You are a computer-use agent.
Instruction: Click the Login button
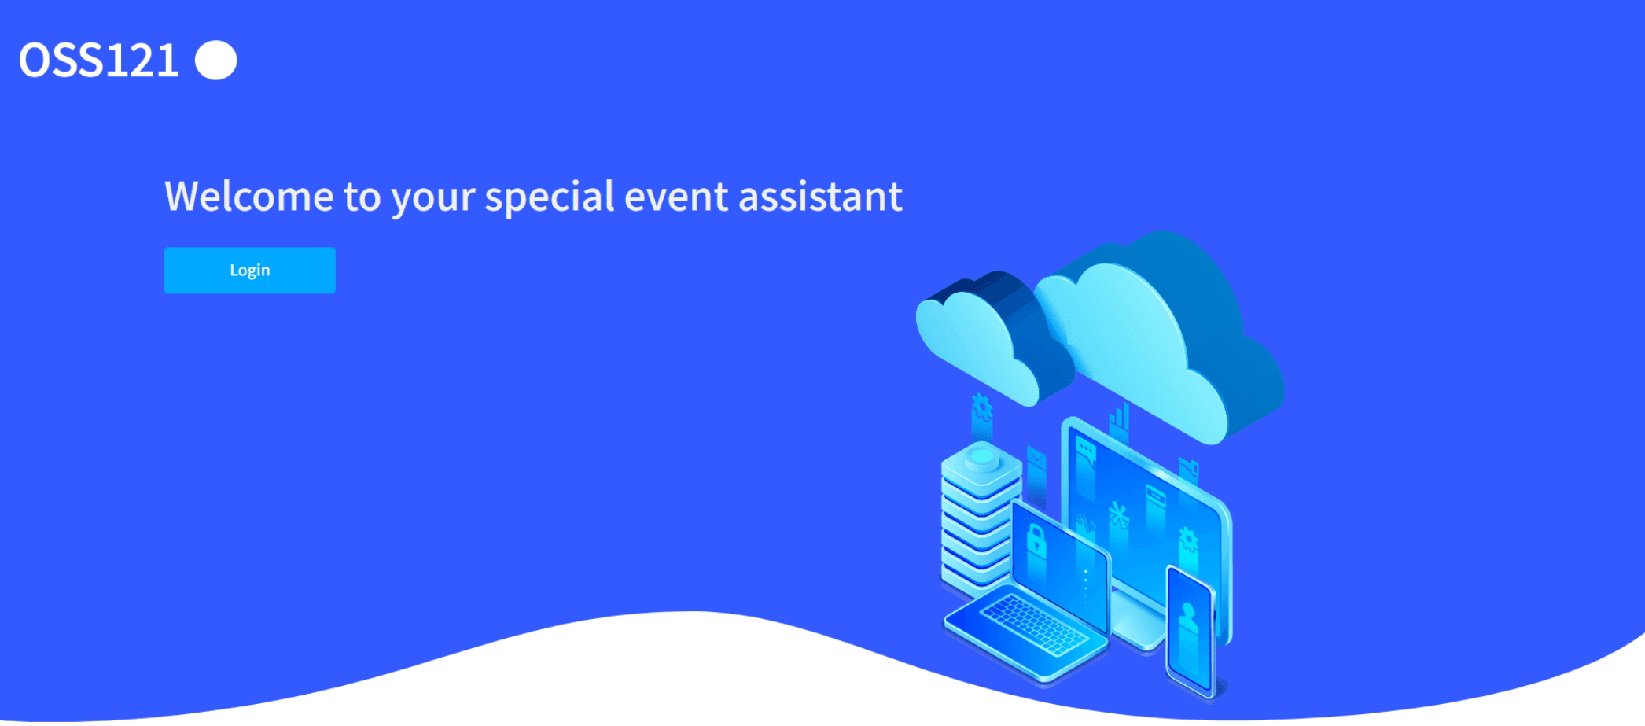pyautogui.click(x=249, y=271)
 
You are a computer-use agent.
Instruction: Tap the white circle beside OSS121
pyautogui.click(x=216, y=61)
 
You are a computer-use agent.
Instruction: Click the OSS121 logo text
pyautogui.click(x=99, y=61)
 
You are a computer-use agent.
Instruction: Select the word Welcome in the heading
pyautogui.click(x=249, y=196)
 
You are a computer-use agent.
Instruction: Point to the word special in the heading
pyautogui.click(x=549, y=197)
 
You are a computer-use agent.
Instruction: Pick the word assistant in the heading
pyautogui.click(x=820, y=197)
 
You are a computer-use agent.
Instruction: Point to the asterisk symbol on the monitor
pyautogui.click(x=1118, y=516)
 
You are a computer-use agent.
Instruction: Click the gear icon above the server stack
pyautogui.click(x=981, y=407)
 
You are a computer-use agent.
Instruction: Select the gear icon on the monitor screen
pyautogui.click(x=1187, y=541)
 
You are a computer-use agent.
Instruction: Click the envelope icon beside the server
pyautogui.click(x=1036, y=457)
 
